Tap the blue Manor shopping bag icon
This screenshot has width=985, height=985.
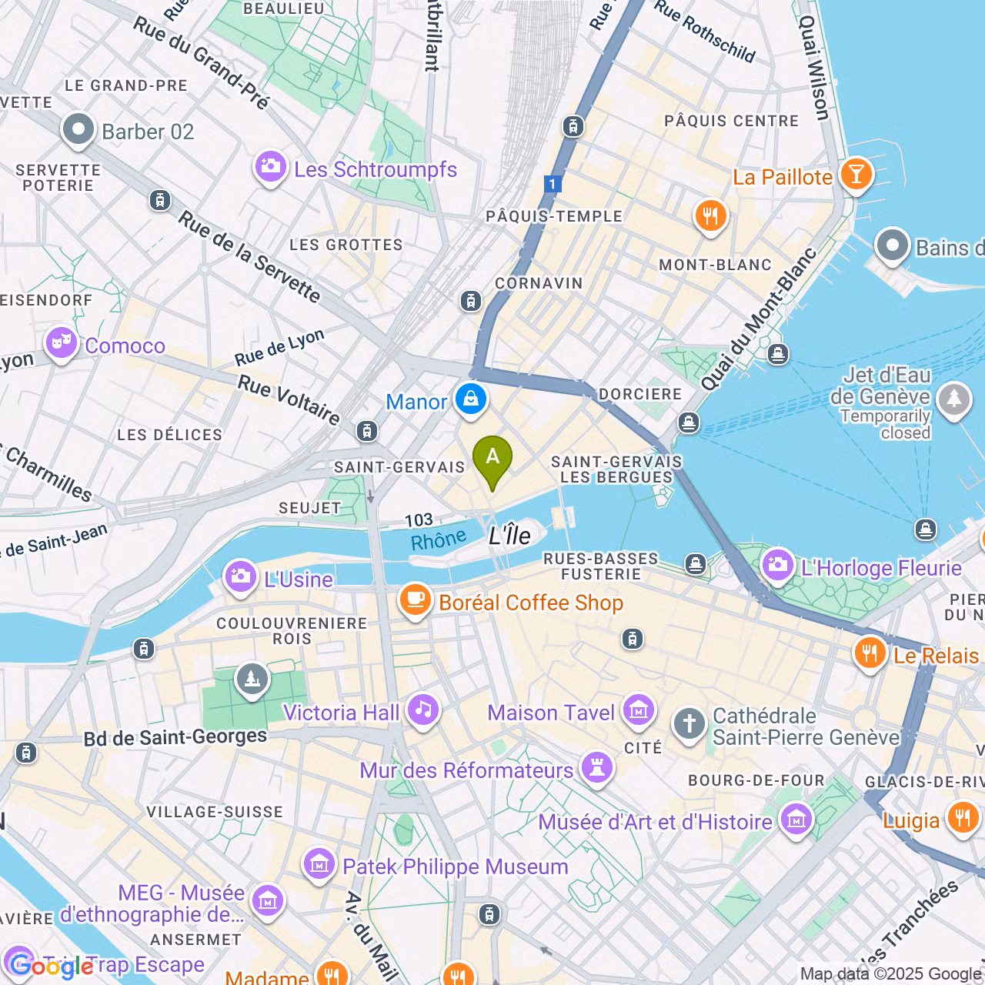[470, 399]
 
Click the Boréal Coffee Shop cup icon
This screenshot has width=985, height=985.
[416, 599]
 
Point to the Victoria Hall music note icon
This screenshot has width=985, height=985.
[423, 710]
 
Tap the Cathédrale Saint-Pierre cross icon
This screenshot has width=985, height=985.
[689, 724]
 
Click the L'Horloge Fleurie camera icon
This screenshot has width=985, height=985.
[777, 566]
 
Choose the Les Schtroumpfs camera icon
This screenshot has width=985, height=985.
[270, 166]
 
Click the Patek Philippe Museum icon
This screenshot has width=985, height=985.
[319, 864]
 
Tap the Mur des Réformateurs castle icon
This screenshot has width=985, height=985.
[596, 767]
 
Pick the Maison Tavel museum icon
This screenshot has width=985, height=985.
[639, 710]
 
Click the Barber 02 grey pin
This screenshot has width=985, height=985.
[78, 129]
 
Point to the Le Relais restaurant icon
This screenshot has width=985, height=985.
[870, 653]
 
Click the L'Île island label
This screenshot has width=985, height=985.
[510, 536]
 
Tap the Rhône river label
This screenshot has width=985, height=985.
[438, 540]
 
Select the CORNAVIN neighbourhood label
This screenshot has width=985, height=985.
[539, 283]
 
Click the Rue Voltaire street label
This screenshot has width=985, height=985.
[289, 399]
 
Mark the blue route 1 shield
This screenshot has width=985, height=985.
[552, 184]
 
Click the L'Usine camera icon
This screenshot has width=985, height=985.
[240, 576]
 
